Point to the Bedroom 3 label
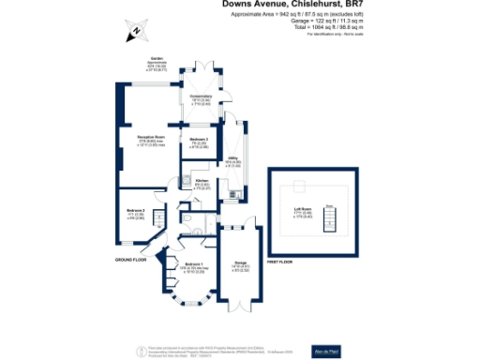[x=198, y=140]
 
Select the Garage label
[x=240, y=265]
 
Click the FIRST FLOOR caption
[x=282, y=259]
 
